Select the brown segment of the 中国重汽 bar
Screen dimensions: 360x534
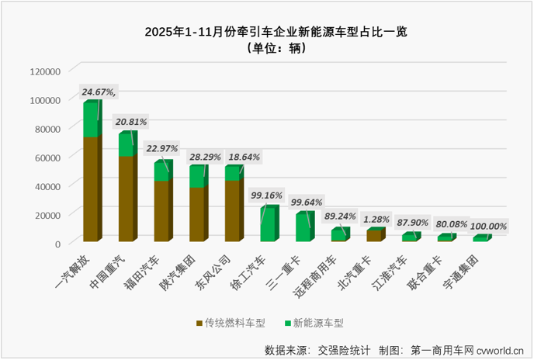click(126, 198)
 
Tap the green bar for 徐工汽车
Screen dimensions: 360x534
click(268, 225)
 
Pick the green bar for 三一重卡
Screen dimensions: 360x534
click(303, 227)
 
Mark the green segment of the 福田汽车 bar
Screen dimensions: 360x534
click(161, 171)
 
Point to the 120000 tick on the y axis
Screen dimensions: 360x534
click(44, 71)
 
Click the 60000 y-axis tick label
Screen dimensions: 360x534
click(47, 157)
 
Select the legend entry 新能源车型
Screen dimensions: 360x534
click(314, 322)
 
